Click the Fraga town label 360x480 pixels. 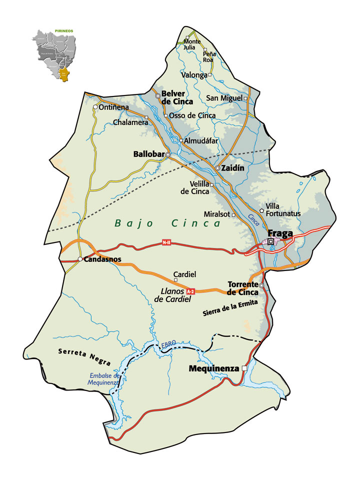[x=280, y=233]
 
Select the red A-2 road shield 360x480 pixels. [x=190, y=291]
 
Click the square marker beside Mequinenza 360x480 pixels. [x=244, y=368]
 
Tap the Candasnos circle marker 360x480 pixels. [x=80, y=259]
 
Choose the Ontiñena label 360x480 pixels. [x=114, y=107]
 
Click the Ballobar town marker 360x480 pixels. [x=168, y=155]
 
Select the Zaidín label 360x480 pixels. [x=233, y=168]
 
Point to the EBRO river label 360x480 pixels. [x=168, y=345]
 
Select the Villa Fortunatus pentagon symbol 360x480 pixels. [x=261, y=210]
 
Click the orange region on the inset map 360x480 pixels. [x=63, y=75]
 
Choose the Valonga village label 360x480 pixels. [x=195, y=75]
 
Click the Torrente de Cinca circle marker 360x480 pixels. [x=261, y=285]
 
